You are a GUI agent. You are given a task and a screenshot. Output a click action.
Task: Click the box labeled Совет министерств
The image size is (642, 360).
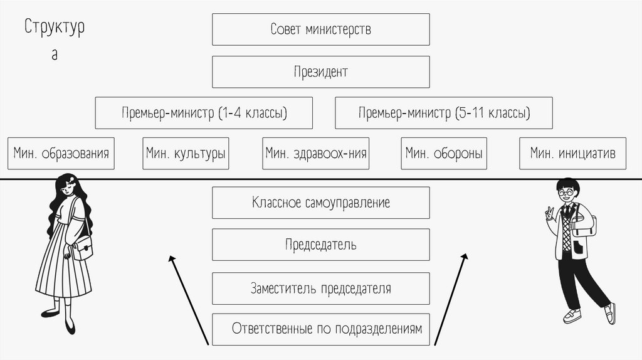pyautogui.click(x=320, y=29)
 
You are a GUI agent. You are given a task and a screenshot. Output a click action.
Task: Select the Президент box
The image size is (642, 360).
pyautogui.click(x=320, y=71)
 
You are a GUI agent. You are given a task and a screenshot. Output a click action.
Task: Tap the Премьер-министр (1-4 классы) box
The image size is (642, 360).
pyautogui.click(x=204, y=113)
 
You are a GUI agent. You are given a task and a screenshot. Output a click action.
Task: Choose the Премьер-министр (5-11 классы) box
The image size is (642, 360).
pyautogui.click(x=444, y=113)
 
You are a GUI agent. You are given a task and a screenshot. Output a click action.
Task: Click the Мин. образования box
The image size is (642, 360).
pyautogui.click(x=61, y=153)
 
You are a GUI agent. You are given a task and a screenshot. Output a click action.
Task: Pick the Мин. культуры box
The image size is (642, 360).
pyautogui.click(x=186, y=153)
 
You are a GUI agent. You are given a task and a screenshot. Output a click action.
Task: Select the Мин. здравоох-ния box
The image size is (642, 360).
pyautogui.click(x=315, y=153)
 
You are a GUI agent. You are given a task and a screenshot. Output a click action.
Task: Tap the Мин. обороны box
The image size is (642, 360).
pyautogui.click(x=445, y=153)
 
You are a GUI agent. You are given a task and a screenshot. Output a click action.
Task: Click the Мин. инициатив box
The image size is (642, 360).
pyautogui.click(x=572, y=153)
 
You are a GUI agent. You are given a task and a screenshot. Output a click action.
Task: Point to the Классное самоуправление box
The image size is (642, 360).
pyautogui.click(x=320, y=203)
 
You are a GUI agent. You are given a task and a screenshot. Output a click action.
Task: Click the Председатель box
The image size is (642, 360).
pyautogui.click(x=320, y=245)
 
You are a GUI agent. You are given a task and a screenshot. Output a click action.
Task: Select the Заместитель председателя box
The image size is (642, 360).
pyautogui.click(x=320, y=289)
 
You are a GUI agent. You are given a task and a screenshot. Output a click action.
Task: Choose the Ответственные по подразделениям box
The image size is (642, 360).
pyautogui.click(x=320, y=329)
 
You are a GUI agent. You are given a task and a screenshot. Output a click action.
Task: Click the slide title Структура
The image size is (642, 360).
pyautogui.click(x=55, y=29)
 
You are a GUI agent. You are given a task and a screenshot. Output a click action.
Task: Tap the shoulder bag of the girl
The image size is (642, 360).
pyautogui.click(x=82, y=249)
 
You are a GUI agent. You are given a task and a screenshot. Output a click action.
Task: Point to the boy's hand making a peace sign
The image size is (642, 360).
pyautogui.click(x=550, y=213)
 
